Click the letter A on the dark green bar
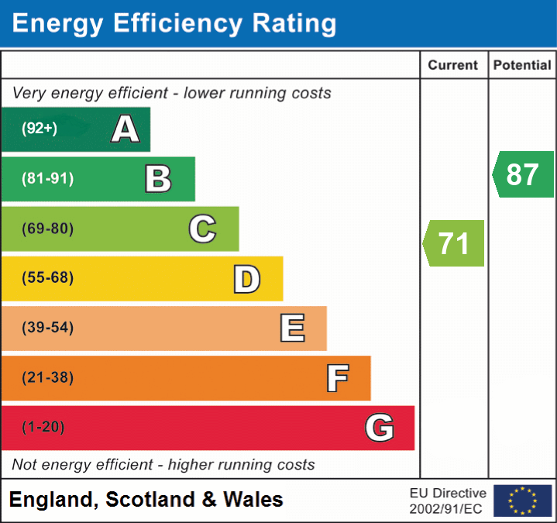(x=125, y=129)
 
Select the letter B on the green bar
(x=158, y=179)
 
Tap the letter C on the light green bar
(x=202, y=229)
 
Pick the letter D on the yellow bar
(x=246, y=278)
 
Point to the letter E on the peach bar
(x=292, y=328)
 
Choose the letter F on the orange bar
(x=337, y=378)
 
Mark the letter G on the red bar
(x=380, y=427)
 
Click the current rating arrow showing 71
(x=454, y=243)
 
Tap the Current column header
(x=453, y=66)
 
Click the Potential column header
(x=522, y=66)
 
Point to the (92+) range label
(x=40, y=129)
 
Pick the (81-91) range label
(x=48, y=179)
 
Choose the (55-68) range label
(x=48, y=278)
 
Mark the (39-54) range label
(x=48, y=328)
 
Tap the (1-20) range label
(x=43, y=427)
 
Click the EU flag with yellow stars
(x=522, y=501)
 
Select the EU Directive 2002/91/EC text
(x=448, y=501)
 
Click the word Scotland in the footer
(x=150, y=500)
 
